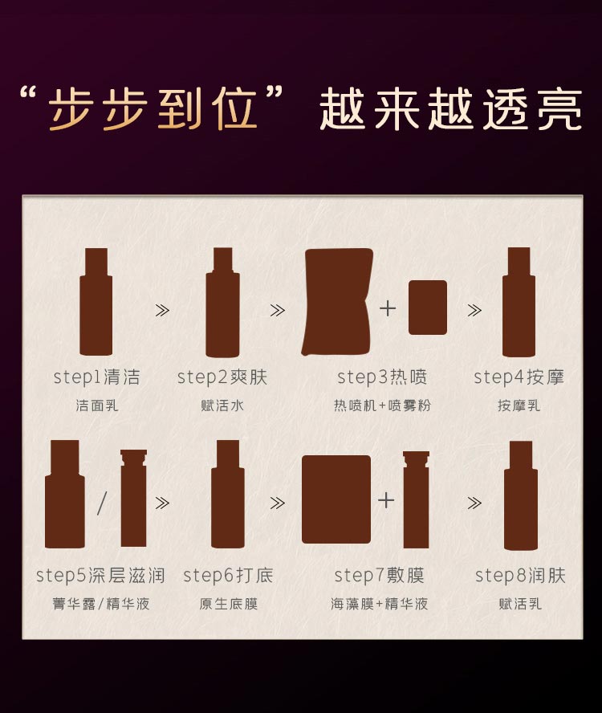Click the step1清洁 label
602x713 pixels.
point(96,377)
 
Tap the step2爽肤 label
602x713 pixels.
point(222,377)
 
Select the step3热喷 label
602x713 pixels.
point(382,377)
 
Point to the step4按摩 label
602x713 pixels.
point(519,377)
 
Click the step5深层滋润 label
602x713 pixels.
point(100,576)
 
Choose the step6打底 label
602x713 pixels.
point(228,576)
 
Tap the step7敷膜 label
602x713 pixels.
point(379,576)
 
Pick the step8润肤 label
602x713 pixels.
point(520,576)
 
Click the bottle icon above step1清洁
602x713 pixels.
point(96,302)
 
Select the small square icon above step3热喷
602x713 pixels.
point(428,308)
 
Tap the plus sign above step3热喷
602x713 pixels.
point(388,308)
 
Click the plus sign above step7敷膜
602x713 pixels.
point(386,500)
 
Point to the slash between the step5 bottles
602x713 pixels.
point(102,503)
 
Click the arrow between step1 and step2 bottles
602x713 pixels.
point(162,310)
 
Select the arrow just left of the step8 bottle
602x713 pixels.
point(474,503)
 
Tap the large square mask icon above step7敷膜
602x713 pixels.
point(336,499)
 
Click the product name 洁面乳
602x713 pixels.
point(96,405)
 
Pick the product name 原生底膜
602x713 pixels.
point(228,604)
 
